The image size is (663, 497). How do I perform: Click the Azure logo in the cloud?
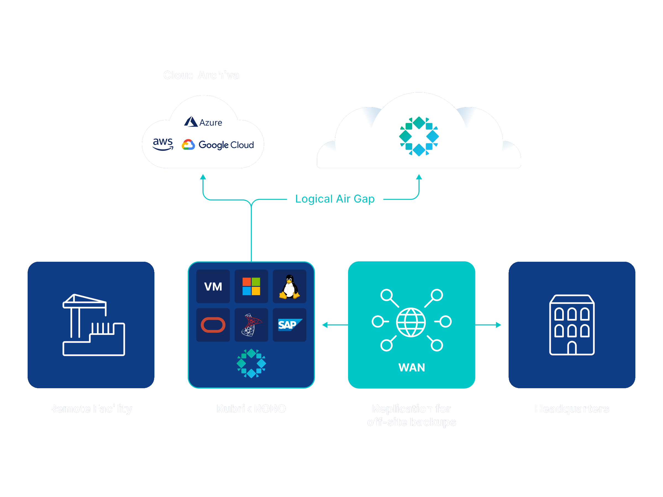203,122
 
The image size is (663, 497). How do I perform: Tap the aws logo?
163,144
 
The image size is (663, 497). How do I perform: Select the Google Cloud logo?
218,145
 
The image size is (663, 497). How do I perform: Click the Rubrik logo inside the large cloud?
419,136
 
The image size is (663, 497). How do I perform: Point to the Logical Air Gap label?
335,199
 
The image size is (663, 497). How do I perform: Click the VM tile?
213,286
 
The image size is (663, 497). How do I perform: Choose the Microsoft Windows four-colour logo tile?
251,286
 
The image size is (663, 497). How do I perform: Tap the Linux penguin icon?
289,287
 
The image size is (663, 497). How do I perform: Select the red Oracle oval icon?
213,325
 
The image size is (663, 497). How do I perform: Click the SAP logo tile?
289,325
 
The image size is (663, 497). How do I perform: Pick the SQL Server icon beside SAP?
251,325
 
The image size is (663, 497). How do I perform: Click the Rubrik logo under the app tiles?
251,363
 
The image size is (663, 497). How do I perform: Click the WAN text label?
412,368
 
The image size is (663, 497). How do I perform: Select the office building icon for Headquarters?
572,325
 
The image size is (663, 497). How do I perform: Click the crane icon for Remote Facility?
94,325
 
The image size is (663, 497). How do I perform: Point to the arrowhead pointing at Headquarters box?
498,325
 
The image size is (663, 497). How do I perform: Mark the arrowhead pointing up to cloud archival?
203,177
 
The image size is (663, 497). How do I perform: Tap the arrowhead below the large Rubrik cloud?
419,177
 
